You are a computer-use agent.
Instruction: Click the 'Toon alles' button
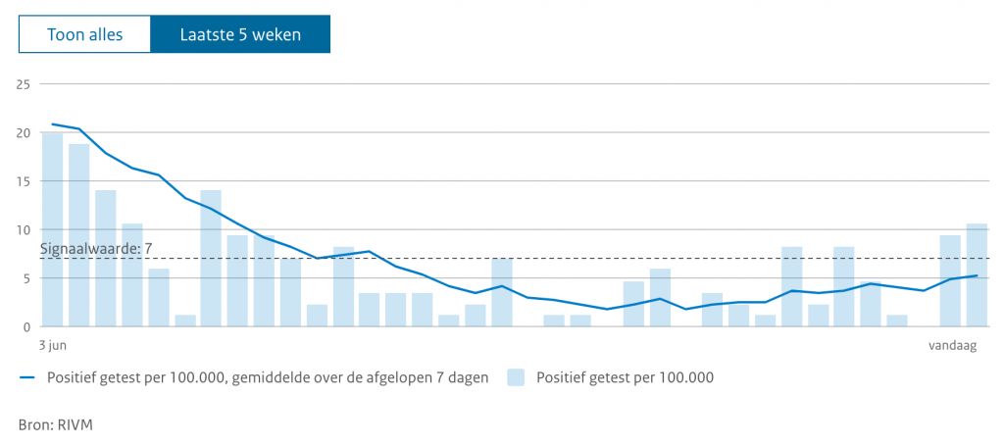pos(84,34)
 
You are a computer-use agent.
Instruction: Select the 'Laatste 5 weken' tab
pos(240,34)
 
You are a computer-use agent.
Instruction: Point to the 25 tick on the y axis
pos(24,84)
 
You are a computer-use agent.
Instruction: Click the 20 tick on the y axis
pos(24,133)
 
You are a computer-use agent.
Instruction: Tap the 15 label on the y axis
pos(24,181)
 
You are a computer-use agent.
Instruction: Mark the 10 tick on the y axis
pos(24,230)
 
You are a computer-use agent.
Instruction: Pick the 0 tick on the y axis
pos(27,326)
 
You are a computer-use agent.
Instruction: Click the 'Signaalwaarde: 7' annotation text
pos(96,248)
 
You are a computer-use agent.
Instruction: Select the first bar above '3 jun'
pos(52,230)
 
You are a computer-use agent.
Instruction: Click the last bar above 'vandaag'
pos(977,275)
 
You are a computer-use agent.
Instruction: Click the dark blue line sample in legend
pos(27,377)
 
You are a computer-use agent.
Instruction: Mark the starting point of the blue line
pos(52,124)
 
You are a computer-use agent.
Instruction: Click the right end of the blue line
pos(977,275)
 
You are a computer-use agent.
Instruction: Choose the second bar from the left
pos(78,235)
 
